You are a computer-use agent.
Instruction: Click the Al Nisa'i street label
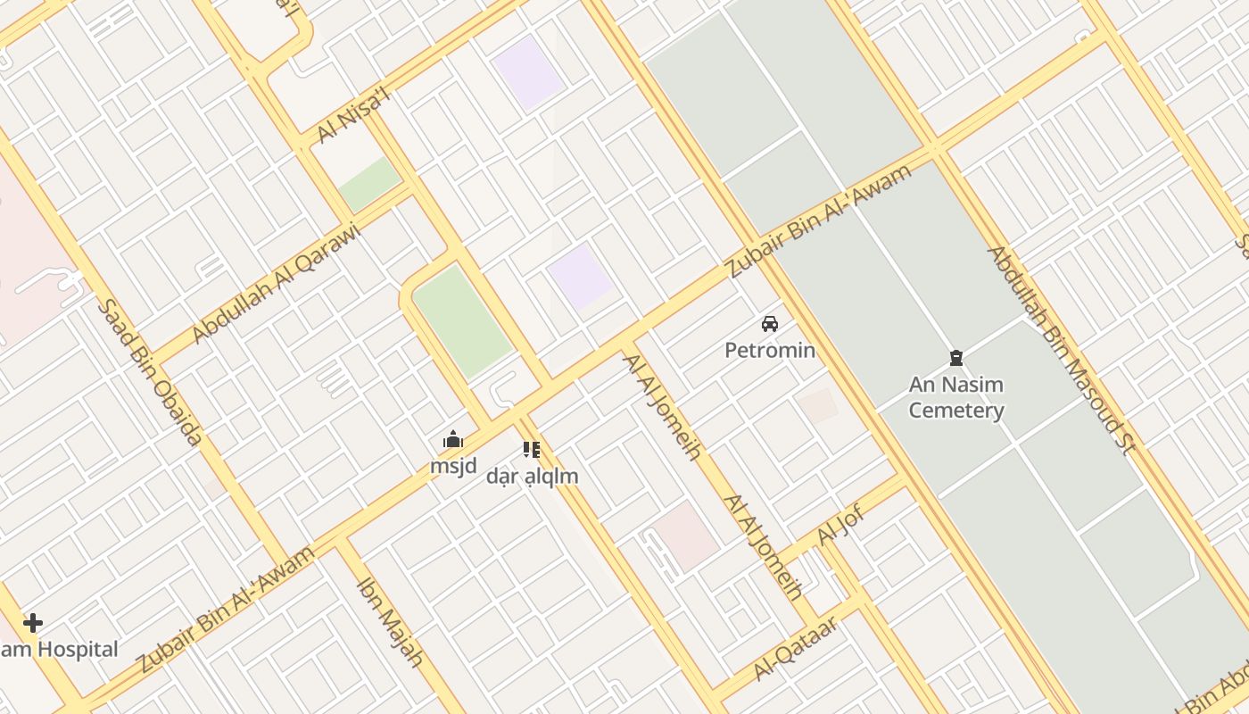355,116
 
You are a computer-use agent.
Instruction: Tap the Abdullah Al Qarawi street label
276,283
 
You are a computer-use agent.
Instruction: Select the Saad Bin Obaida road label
149,372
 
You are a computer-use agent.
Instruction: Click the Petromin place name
770,350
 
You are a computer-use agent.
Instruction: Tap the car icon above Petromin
770,324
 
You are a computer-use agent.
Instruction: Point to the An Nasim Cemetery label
956,398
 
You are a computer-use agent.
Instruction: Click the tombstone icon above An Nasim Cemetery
956,359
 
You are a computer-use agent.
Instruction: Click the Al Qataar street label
795,648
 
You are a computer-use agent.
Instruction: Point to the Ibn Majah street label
389,623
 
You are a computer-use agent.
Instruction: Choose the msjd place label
453,466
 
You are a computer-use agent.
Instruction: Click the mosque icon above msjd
453,440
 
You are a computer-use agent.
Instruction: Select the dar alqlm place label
533,477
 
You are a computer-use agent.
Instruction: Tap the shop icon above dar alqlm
532,450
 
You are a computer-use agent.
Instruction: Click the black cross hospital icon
33,622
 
